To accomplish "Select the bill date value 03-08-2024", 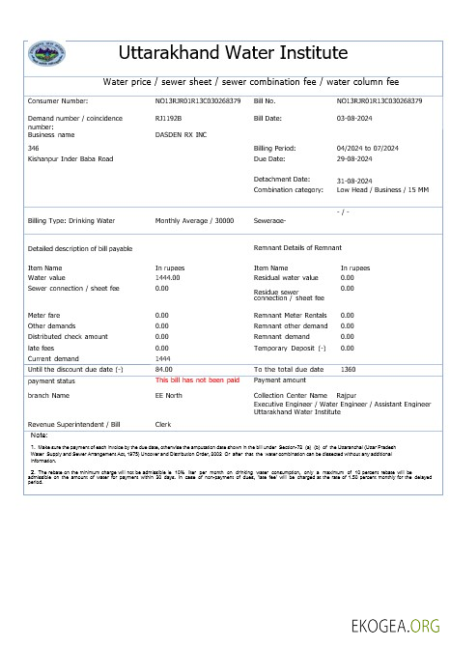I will [x=353, y=118].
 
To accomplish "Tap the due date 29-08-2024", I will [x=353, y=158].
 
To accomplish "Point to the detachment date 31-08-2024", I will [x=354, y=181].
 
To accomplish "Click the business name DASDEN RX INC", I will [x=182, y=136].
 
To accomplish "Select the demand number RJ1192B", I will [x=168, y=118].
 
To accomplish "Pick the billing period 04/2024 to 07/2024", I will [x=376, y=149].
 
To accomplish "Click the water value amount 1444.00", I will [x=168, y=277].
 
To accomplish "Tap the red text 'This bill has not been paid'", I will [x=197, y=380].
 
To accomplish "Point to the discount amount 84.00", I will [x=163, y=369].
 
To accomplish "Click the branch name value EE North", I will [x=169, y=395].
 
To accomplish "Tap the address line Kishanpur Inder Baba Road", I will [x=70, y=158].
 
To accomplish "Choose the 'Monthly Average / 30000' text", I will [x=194, y=220].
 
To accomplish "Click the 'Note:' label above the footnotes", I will [x=39, y=436].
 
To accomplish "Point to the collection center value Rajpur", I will [x=346, y=395].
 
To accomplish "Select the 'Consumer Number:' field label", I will [x=58, y=100].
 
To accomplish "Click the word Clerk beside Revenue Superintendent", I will [x=163, y=424].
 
